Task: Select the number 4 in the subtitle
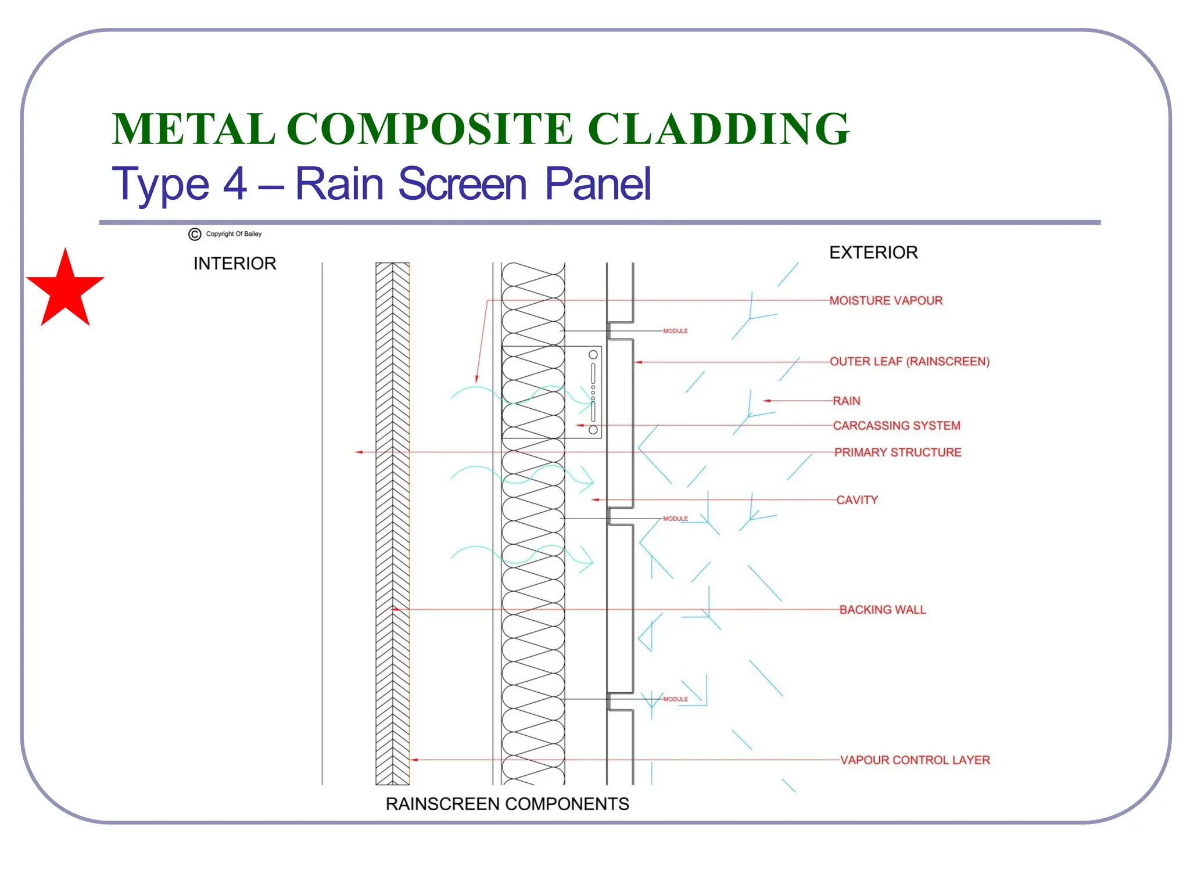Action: [235, 184]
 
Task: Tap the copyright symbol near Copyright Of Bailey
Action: [195, 234]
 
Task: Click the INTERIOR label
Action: [235, 264]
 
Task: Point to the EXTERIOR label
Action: [873, 253]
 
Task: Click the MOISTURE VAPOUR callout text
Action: [886, 301]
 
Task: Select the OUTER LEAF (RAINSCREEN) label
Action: [909, 362]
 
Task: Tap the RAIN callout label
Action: [846, 401]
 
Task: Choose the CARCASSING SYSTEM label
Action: [897, 426]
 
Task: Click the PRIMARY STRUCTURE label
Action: [898, 452]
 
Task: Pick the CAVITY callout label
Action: [857, 500]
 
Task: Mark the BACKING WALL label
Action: [883, 610]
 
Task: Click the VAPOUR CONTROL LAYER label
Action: [915, 760]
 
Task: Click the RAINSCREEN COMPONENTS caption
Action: [507, 804]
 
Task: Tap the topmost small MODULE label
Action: [675, 331]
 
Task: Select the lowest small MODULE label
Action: [675, 699]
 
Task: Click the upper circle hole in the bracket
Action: [593, 355]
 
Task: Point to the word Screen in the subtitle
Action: [463, 184]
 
